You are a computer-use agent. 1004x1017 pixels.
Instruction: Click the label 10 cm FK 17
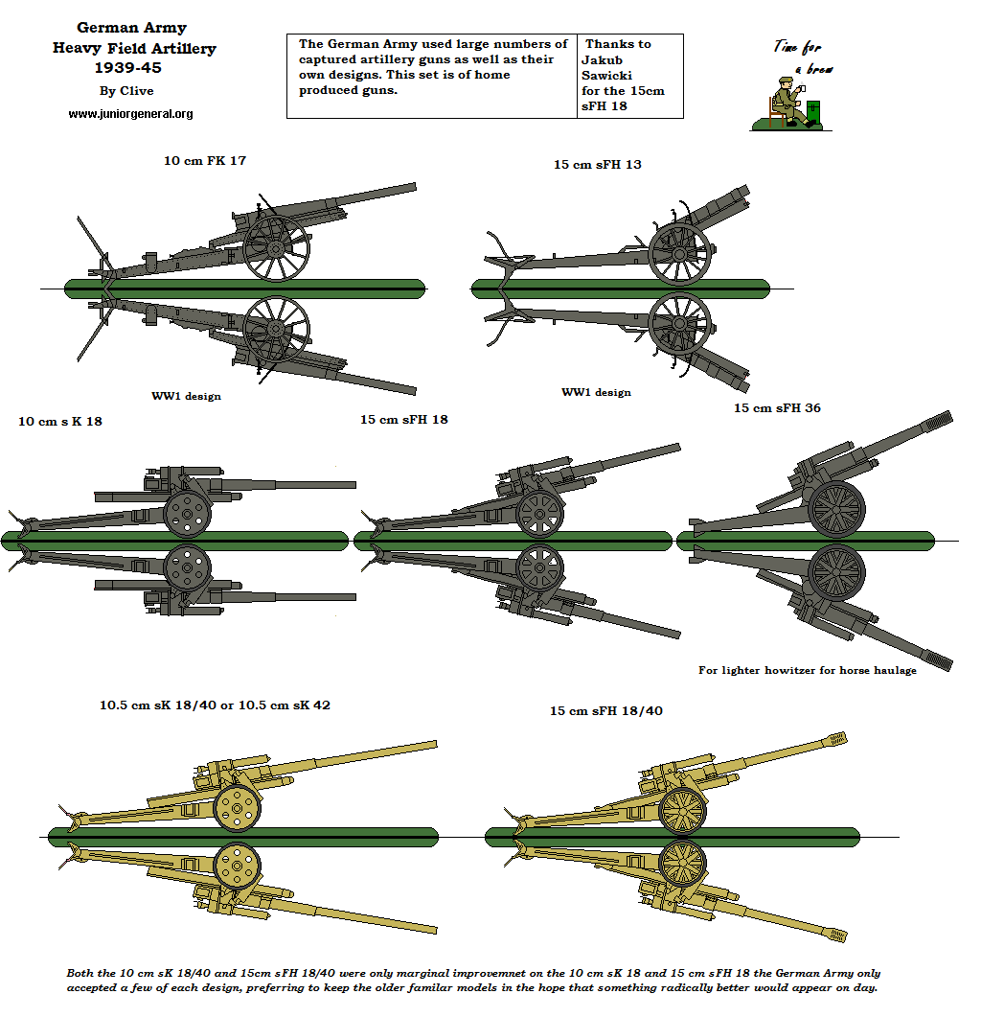click(205, 161)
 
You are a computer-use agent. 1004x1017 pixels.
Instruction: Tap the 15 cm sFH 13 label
click(597, 165)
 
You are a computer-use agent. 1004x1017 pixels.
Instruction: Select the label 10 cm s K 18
click(60, 421)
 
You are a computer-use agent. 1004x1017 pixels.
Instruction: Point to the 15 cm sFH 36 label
click(777, 408)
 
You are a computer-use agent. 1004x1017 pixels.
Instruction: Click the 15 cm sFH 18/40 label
click(605, 711)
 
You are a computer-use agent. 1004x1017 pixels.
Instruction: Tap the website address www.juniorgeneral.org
click(130, 114)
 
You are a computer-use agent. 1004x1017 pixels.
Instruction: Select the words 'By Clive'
click(126, 91)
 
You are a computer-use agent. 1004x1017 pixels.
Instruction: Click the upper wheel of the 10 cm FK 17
click(276, 248)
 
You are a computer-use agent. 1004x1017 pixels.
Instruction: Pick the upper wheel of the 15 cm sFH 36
click(836, 507)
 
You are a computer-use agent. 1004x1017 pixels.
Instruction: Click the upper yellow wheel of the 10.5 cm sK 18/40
click(237, 809)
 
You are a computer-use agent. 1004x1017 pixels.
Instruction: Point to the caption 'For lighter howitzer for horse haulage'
click(807, 671)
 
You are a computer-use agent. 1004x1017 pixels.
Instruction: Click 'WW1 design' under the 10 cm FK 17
click(186, 396)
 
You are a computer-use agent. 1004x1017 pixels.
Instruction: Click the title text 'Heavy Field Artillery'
click(134, 48)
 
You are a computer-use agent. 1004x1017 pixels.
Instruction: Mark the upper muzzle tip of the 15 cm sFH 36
click(940, 419)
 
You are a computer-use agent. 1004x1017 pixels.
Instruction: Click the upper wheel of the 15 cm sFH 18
click(539, 514)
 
